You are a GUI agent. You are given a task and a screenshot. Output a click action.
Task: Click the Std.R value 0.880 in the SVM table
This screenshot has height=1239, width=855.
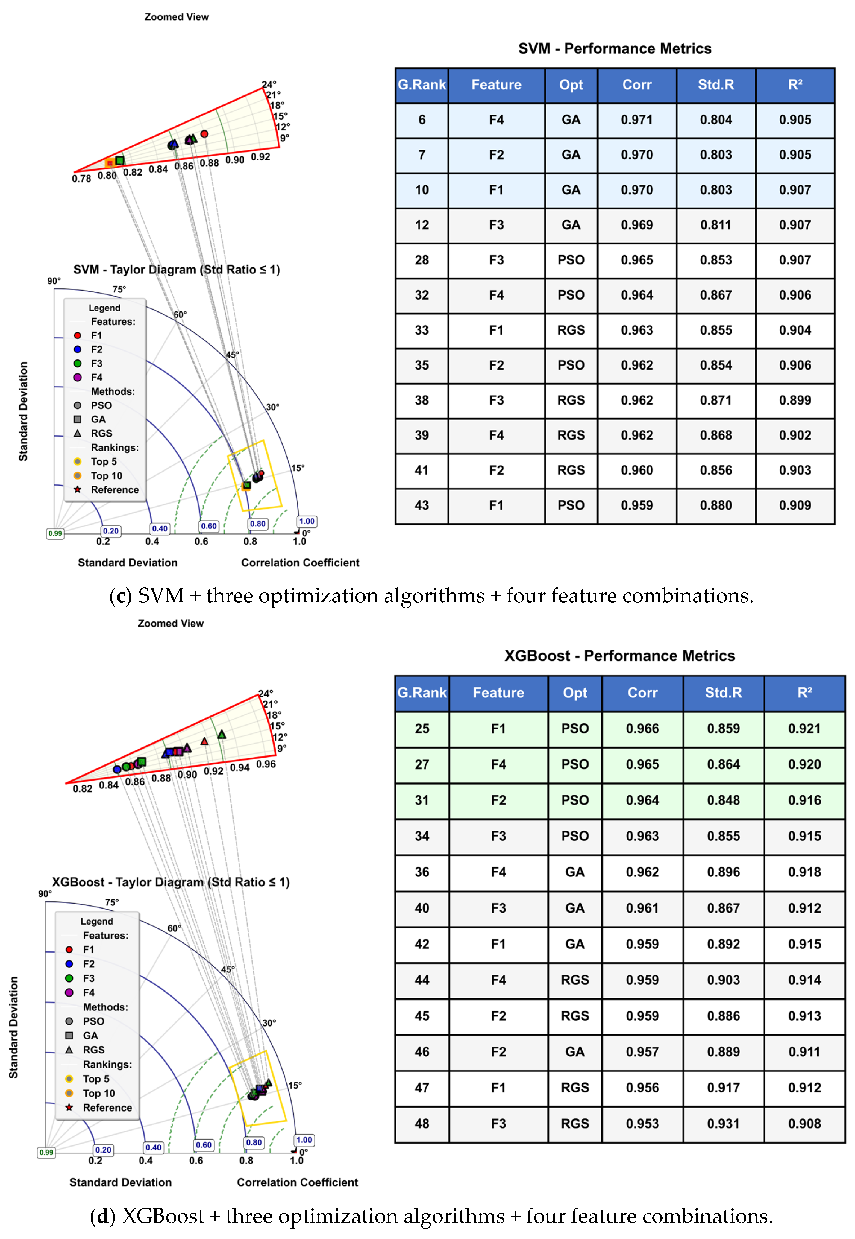pos(716,505)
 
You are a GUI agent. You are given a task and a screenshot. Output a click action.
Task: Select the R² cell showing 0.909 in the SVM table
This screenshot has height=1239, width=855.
pos(795,505)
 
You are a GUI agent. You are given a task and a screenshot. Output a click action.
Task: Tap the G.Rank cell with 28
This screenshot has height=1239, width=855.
pos(422,260)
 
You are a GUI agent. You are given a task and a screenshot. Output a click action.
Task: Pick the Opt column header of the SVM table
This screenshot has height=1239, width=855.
pos(571,85)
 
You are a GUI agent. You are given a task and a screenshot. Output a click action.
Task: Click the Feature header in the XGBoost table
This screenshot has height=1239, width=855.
pos(498,693)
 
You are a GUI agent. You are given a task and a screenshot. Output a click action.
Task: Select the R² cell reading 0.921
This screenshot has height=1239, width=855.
pos(804,729)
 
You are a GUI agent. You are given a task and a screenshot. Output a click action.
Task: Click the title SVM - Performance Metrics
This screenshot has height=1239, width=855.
pos(615,49)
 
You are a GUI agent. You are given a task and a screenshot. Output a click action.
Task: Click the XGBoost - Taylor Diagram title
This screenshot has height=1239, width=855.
pos(170,882)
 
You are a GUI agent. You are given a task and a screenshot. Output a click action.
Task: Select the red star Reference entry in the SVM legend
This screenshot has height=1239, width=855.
pos(78,490)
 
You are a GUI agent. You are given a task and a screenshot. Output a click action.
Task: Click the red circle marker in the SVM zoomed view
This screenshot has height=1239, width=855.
pos(204,134)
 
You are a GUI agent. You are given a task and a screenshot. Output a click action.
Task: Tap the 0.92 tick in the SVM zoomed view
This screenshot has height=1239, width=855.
pos(260,157)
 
